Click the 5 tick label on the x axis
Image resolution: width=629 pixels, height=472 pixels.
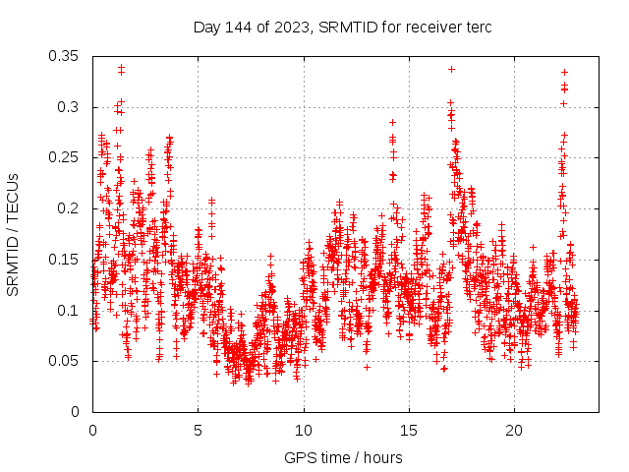(x=198, y=431)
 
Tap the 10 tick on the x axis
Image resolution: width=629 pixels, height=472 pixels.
(x=304, y=431)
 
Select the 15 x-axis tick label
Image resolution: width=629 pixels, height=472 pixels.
(x=409, y=431)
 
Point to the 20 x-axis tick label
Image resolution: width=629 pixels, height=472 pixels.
(x=514, y=431)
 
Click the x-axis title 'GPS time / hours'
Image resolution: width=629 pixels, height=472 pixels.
(x=342, y=457)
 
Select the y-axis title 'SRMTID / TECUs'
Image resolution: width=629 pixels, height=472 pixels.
(x=14, y=234)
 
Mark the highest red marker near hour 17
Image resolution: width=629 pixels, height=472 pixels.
(x=451, y=69)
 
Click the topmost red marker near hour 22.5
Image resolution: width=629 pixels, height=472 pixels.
(x=564, y=72)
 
